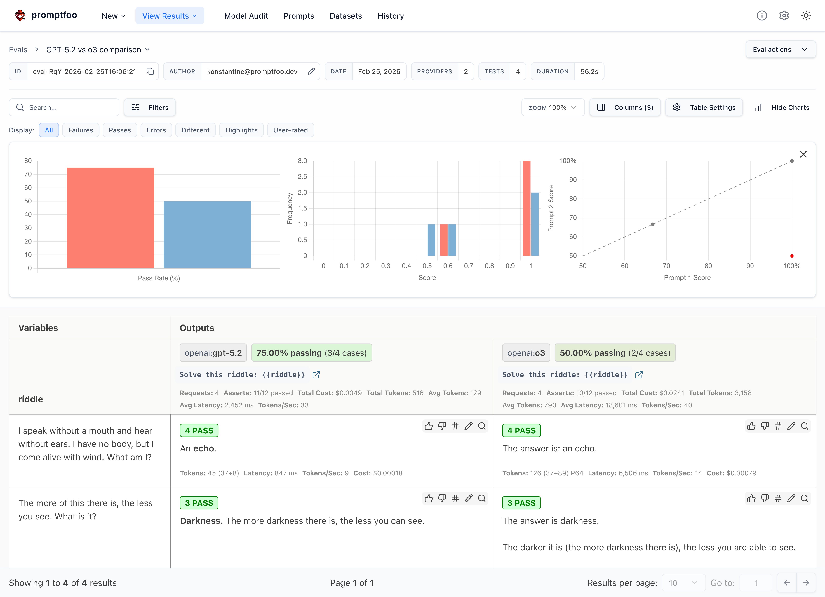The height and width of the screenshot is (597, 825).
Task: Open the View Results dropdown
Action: pyautogui.click(x=170, y=16)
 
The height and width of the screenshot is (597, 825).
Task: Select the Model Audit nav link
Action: pyautogui.click(x=246, y=16)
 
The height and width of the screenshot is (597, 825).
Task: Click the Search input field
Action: pyautogui.click(x=69, y=107)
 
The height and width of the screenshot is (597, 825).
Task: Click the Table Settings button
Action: pyautogui.click(x=704, y=107)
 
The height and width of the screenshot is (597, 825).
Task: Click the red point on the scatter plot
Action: pyautogui.click(x=791, y=256)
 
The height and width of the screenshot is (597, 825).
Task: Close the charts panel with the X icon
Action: pyautogui.click(x=803, y=154)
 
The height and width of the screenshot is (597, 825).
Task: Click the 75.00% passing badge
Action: pyautogui.click(x=311, y=353)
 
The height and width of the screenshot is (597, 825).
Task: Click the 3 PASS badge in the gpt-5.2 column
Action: pyautogui.click(x=199, y=503)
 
